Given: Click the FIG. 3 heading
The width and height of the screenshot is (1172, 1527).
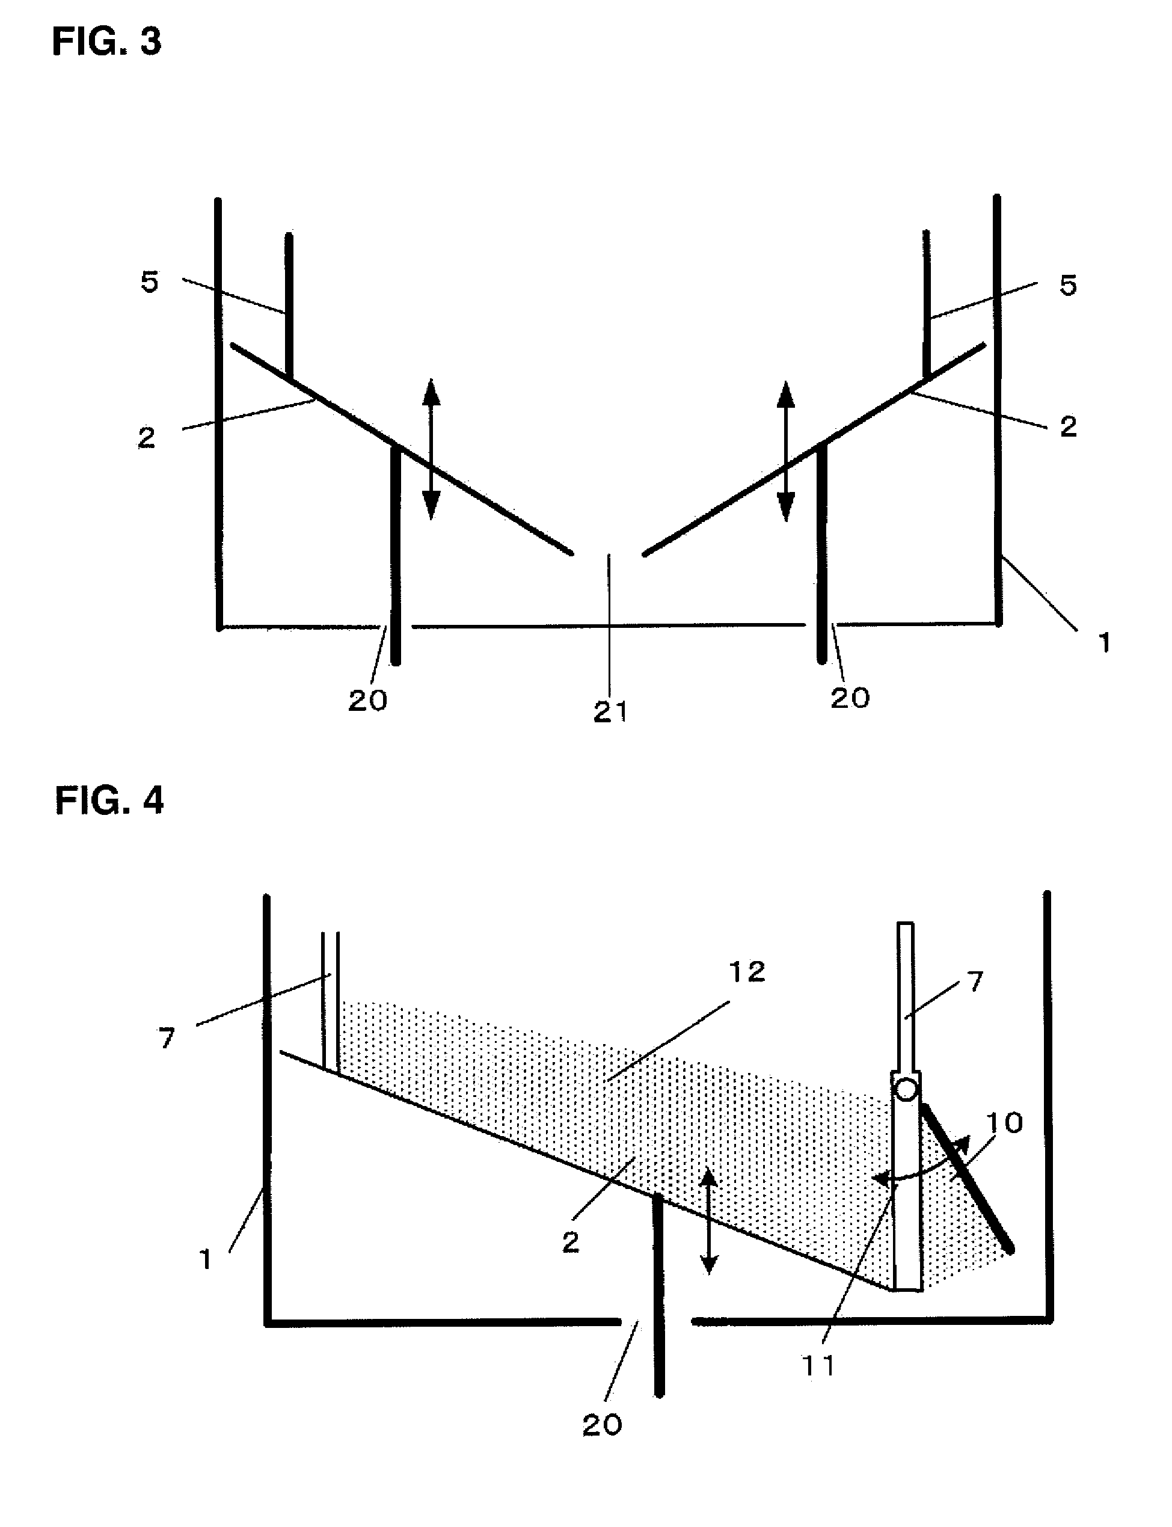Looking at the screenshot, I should (106, 42).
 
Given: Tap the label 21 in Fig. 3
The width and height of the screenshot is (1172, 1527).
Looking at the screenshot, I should (610, 712).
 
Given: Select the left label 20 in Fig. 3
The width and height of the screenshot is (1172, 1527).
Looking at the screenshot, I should (367, 701).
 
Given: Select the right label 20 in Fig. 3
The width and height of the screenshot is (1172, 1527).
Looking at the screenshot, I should (850, 698).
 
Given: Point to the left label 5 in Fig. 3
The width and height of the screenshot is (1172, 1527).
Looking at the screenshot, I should (150, 283).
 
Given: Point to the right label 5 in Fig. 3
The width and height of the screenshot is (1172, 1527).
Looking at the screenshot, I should (1068, 285).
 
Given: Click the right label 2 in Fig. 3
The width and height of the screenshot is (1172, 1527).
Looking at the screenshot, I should (1068, 427).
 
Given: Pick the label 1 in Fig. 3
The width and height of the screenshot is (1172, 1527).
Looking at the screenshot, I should (1103, 642).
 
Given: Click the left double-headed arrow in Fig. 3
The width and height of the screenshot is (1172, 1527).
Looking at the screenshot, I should (431, 449).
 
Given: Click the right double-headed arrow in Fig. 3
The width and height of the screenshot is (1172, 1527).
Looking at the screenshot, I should (786, 451).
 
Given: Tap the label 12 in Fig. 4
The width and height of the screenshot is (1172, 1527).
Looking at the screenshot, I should (746, 972).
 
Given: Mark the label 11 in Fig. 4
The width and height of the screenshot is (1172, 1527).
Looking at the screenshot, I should (819, 1366).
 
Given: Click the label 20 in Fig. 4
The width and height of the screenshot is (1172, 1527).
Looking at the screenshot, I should (602, 1426).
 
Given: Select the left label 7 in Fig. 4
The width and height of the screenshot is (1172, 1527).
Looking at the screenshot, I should (167, 1039).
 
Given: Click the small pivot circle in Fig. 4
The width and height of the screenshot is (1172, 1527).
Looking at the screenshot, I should (906, 1090).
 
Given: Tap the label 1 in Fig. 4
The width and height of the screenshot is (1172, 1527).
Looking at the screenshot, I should (206, 1260).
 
